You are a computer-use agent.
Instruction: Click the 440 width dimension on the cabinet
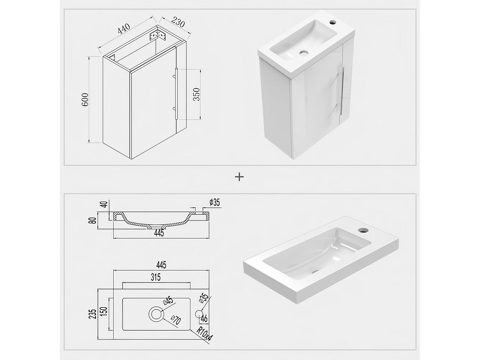pyautogui.click(x=124, y=28)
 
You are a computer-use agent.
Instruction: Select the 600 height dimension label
pyautogui.click(x=85, y=100)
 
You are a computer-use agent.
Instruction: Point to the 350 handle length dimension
pyautogui.click(x=196, y=94)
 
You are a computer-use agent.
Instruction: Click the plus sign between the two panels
pyautogui.click(x=239, y=177)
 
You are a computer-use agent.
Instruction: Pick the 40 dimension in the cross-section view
pyautogui.click(x=105, y=204)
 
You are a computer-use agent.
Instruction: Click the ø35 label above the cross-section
pyautogui.click(x=214, y=203)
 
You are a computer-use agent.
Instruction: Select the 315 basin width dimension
pyautogui.click(x=156, y=277)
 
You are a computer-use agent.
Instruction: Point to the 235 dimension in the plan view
pyautogui.click(x=92, y=314)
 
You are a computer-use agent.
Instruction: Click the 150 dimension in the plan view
pyautogui.click(x=104, y=311)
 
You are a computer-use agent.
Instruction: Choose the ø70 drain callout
pyautogui.click(x=176, y=320)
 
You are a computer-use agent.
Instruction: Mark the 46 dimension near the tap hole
pyautogui.click(x=204, y=319)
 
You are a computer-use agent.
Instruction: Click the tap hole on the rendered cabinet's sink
pyautogui.click(x=333, y=22)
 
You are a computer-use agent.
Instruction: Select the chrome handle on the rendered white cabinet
pyautogui.click(x=342, y=91)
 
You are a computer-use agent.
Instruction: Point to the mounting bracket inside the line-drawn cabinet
pyautogui.click(x=157, y=36)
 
